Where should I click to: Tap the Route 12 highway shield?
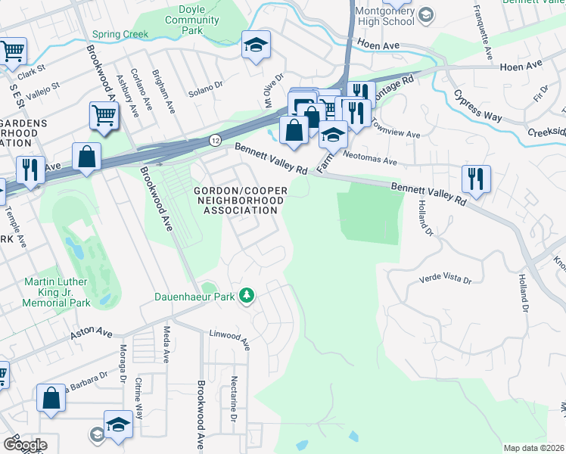(x=215, y=140)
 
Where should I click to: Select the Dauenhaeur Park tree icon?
(x=246, y=295)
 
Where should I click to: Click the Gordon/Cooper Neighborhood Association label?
(x=239, y=200)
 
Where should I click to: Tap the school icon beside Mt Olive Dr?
(x=257, y=45)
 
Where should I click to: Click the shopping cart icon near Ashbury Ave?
(x=104, y=117)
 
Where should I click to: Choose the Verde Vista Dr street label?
(x=446, y=280)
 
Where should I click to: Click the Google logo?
(x=25, y=444)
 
